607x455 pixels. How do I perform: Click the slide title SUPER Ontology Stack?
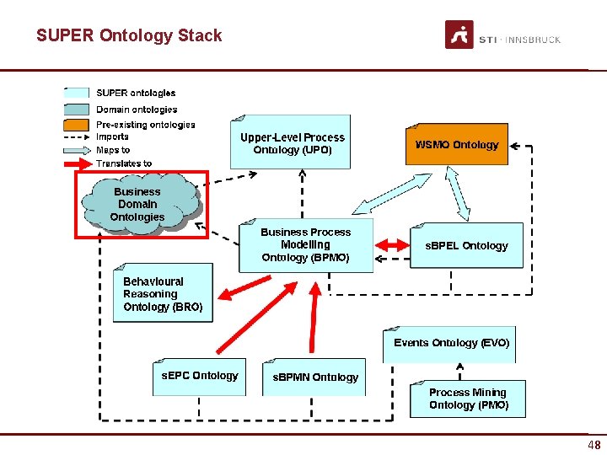click(129, 35)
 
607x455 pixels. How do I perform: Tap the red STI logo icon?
click(459, 35)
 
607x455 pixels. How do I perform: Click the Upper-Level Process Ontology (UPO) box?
click(293, 143)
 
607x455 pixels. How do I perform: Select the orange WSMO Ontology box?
click(457, 145)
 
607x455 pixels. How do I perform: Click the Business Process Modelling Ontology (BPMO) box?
click(305, 245)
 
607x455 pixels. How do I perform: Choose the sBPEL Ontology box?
click(466, 245)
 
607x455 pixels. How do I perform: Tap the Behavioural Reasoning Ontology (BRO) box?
click(163, 294)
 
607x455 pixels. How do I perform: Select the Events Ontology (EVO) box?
click(451, 344)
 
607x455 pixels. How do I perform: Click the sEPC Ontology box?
click(200, 376)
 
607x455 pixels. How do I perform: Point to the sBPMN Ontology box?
click(315, 377)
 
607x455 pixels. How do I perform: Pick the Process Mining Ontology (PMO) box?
click(468, 399)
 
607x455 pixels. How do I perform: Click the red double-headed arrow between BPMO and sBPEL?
click(391, 244)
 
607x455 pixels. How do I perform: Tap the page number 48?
click(594, 446)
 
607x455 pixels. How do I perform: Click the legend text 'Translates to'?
click(124, 163)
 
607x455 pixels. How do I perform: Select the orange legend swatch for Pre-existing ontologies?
click(77, 125)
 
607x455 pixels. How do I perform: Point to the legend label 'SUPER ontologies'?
click(136, 93)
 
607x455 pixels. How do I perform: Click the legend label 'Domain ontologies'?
click(137, 110)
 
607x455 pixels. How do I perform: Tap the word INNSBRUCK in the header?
click(532, 40)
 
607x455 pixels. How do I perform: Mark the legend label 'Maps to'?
click(113, 150)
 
